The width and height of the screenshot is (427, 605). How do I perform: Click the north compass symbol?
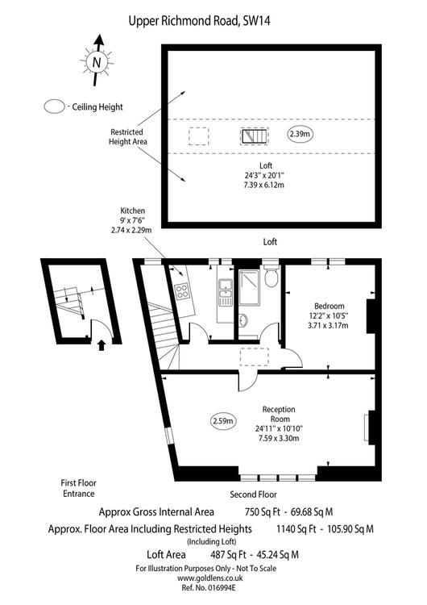click(x=97, y=61)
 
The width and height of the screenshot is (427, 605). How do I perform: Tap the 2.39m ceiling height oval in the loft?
click(x=301, y=134)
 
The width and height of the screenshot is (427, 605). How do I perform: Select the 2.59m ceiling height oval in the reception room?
click(x=223, y=421)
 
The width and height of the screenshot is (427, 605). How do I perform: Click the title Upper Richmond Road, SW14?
click(x=199, y=20)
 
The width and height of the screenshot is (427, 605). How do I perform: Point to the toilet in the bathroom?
click(x=272, y=276)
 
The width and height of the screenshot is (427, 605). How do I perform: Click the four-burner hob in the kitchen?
click(x=182, y=291)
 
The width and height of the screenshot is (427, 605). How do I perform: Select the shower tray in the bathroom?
click(x=250, y=287)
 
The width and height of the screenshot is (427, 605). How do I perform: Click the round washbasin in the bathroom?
click(x=243, y=320)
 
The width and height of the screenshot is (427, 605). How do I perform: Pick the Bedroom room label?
click(x=330, y=307)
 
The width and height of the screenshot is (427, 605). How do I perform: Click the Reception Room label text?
click(x=279, y=414)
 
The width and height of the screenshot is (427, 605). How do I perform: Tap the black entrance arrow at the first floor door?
click(x=102, y=345)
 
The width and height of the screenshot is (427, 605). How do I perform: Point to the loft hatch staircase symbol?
click(x=255, y=136)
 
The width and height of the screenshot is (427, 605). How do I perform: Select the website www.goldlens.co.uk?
click(x=209, y=578)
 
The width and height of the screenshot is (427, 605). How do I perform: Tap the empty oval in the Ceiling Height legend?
click(x=54, y=106)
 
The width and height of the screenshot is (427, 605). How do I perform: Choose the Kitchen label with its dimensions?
click(x=131, y=220)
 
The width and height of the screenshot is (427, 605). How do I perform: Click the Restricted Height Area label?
click(x=127, y=136)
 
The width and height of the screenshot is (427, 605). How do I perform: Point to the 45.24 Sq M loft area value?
click(x=276, y=555)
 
